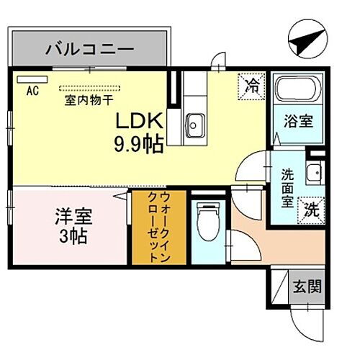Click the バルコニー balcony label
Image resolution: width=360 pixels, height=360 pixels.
click(x=90, y=50)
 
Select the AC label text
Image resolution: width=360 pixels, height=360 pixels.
click(x=32, y=91)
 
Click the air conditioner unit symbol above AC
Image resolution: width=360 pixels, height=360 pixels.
click(x=32, y=80)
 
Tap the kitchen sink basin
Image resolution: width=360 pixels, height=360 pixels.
click(x=194, y=126)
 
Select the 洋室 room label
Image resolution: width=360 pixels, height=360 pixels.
click(x=71, y=216)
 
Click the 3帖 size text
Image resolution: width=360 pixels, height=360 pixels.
click(x=71, y=235)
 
